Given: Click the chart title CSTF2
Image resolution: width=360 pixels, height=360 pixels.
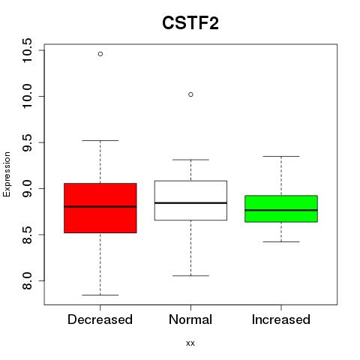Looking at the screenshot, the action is pos(190,23).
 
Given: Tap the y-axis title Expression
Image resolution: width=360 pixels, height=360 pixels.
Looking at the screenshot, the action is pos(7,174).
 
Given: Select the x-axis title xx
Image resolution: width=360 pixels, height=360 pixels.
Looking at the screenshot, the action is pos(190,343).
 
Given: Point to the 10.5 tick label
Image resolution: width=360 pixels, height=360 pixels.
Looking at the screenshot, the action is pos(26,50).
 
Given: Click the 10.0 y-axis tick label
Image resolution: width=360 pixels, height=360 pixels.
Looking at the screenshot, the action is pos(26,96).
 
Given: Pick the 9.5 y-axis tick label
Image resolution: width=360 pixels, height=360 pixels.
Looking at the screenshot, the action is pos(26,142).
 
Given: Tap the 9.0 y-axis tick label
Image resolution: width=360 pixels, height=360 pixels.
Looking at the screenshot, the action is pos(26,188).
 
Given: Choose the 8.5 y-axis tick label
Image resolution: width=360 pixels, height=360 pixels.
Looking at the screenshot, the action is pos(26,235).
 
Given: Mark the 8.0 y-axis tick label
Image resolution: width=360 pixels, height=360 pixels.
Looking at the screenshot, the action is pos(26,280).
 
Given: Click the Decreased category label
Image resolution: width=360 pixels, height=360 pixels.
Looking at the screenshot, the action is pos(100,319).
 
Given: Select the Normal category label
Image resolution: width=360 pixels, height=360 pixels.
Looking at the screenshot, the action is pos(190,319).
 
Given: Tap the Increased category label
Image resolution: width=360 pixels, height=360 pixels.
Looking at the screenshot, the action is pos(281,319).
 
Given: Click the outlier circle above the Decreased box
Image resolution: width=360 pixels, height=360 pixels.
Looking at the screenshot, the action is pos(100,54).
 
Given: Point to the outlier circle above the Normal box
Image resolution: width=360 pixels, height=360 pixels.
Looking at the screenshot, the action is pos(190,94).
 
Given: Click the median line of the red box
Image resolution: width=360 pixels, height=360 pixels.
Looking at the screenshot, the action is pos(100,206).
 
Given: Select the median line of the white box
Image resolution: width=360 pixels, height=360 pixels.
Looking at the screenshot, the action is pos(190,202).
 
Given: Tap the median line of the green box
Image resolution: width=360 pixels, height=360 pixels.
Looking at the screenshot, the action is pos(281,210).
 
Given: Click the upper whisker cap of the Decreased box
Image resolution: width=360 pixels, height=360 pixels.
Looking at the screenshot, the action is pos(100,140).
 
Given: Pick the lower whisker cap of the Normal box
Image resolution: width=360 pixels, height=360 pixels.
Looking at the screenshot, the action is pos(190,275).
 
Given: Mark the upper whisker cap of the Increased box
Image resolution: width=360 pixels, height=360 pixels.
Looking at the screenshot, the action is pos(281,156).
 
